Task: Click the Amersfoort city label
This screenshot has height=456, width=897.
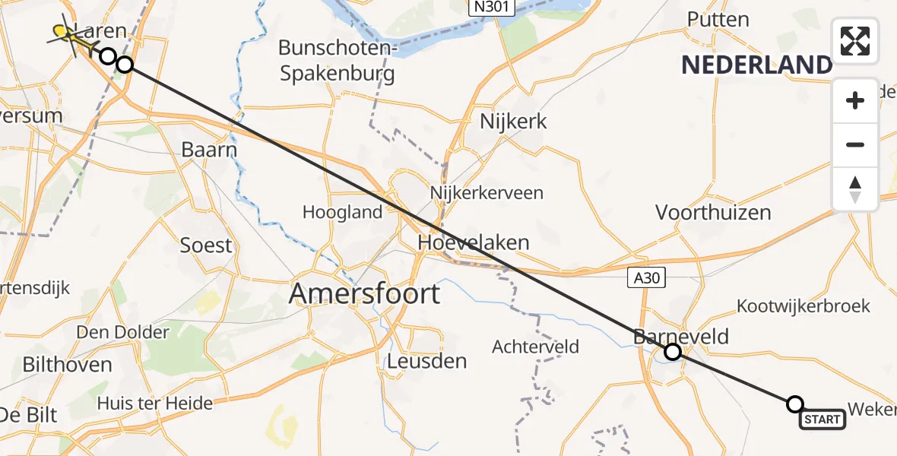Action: [x=365, y=293]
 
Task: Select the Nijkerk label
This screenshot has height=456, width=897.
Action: [x=513, y=121]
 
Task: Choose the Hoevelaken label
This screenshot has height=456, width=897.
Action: [x=473, y=242]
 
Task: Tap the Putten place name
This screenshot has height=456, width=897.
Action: [x=718, y=19]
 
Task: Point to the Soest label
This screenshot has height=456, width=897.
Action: [x=205, y=245]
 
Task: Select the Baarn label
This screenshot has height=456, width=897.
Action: [x=209, y=150]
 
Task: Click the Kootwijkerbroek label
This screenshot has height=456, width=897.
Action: [x=803, y=306]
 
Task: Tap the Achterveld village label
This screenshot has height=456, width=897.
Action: [x=535, y=347]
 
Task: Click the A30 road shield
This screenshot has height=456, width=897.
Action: [x=648, y=279]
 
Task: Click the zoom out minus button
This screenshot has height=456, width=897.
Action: [x=855, y=144]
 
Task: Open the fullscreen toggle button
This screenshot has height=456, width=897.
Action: [x=855, y=41]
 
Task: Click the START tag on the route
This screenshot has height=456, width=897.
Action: [x=823, y=420]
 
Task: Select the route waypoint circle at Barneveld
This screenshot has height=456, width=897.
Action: [x=672, y=352]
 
